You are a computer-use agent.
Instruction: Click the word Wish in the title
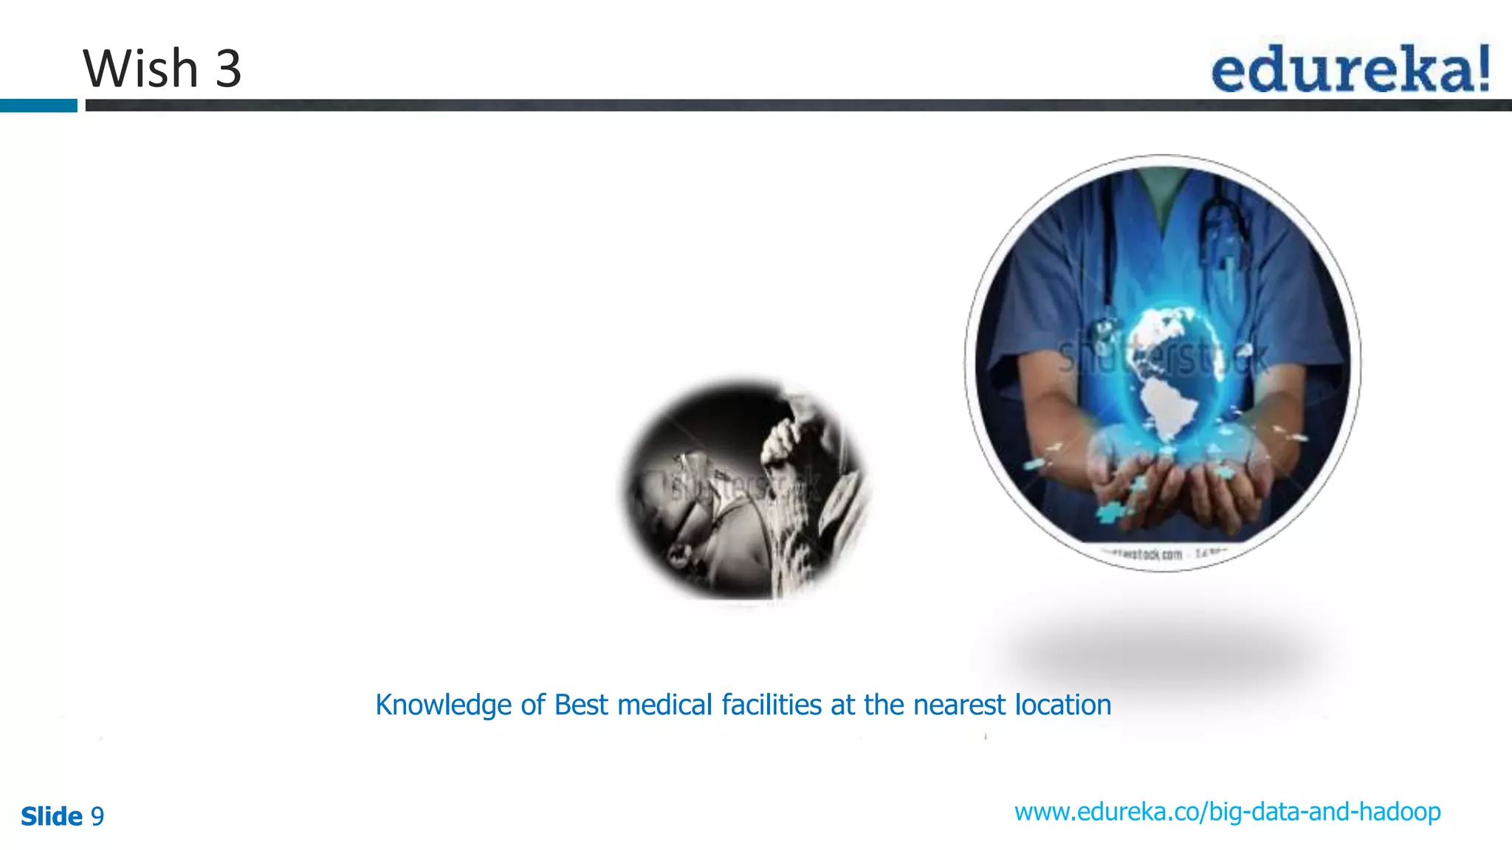140,69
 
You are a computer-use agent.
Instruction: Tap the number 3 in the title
228,69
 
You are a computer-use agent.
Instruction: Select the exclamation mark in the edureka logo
1481,69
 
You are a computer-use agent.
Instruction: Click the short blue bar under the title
38,106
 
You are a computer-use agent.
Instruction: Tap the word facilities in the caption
772,705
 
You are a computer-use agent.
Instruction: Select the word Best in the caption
581,705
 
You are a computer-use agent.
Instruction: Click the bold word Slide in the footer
51,817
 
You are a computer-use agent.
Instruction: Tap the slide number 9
97,817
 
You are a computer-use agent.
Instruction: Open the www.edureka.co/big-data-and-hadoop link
1227,812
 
